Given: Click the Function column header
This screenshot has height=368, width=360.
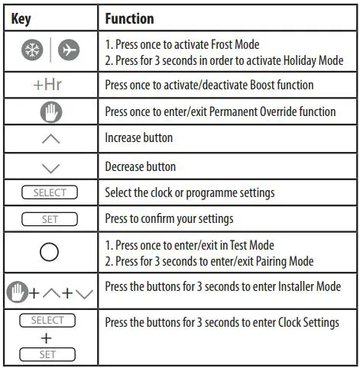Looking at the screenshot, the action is tap(129, 18).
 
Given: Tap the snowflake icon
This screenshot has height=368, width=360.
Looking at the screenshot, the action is tap(35, 51).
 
